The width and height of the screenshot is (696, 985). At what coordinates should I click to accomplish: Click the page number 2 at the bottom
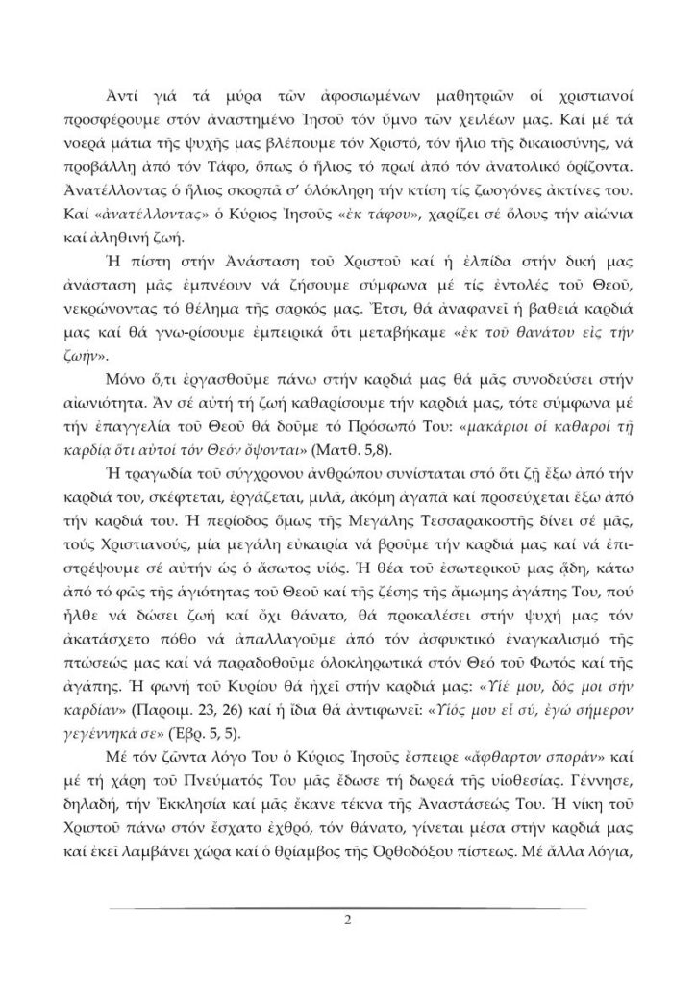348,919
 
